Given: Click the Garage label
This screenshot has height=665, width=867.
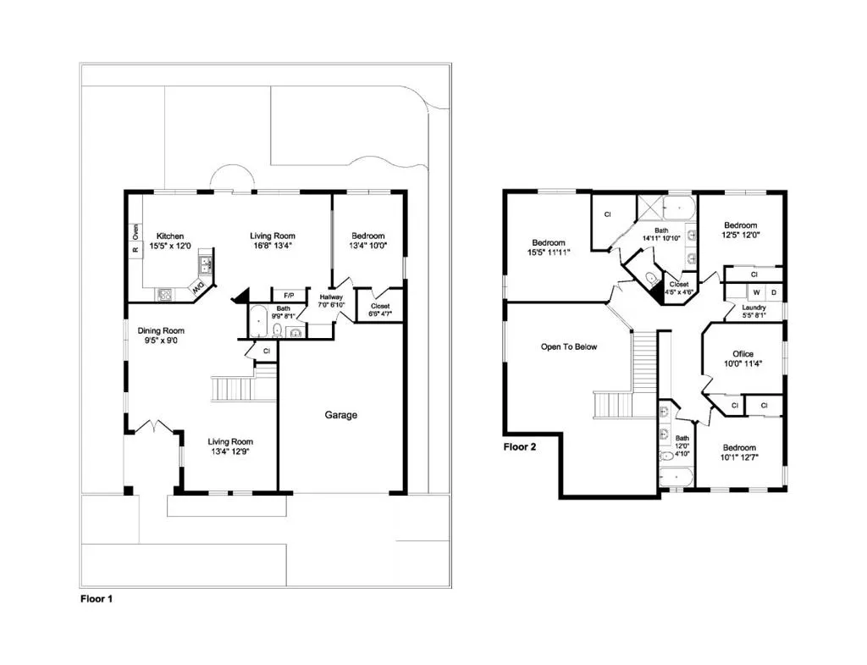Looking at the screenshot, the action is coord(340,414).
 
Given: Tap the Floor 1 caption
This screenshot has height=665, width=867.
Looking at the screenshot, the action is coord(97,599).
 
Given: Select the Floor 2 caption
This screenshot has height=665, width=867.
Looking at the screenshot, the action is coord(520,446).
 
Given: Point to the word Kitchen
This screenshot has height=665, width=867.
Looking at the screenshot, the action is coord(169,236).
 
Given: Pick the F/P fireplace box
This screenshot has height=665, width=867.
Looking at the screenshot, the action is coord(289,296).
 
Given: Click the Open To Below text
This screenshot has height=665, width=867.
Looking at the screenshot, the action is coord(569,346).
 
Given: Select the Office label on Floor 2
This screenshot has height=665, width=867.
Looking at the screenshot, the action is coord(743,354).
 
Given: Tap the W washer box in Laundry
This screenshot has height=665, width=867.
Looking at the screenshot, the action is coord(756,292).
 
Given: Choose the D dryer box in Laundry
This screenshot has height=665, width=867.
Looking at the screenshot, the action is coord(774,292).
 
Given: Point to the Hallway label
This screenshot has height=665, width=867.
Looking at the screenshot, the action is coord(331,297).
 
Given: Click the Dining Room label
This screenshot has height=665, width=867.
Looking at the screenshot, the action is coord(161,331).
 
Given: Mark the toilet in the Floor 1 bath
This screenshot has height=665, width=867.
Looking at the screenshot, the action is coord(277,330).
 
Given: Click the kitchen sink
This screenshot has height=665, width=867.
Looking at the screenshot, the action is coord(206,265).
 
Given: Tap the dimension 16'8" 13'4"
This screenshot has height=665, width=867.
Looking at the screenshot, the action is coord(273,246).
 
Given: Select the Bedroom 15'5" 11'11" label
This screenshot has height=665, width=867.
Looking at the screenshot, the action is coord(549,247).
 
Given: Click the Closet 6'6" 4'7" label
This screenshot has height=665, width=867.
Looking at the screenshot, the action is coord(380,310).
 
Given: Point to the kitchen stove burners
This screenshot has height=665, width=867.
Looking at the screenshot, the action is coord(165,295).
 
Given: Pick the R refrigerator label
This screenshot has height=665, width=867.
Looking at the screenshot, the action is coord(135,251).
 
